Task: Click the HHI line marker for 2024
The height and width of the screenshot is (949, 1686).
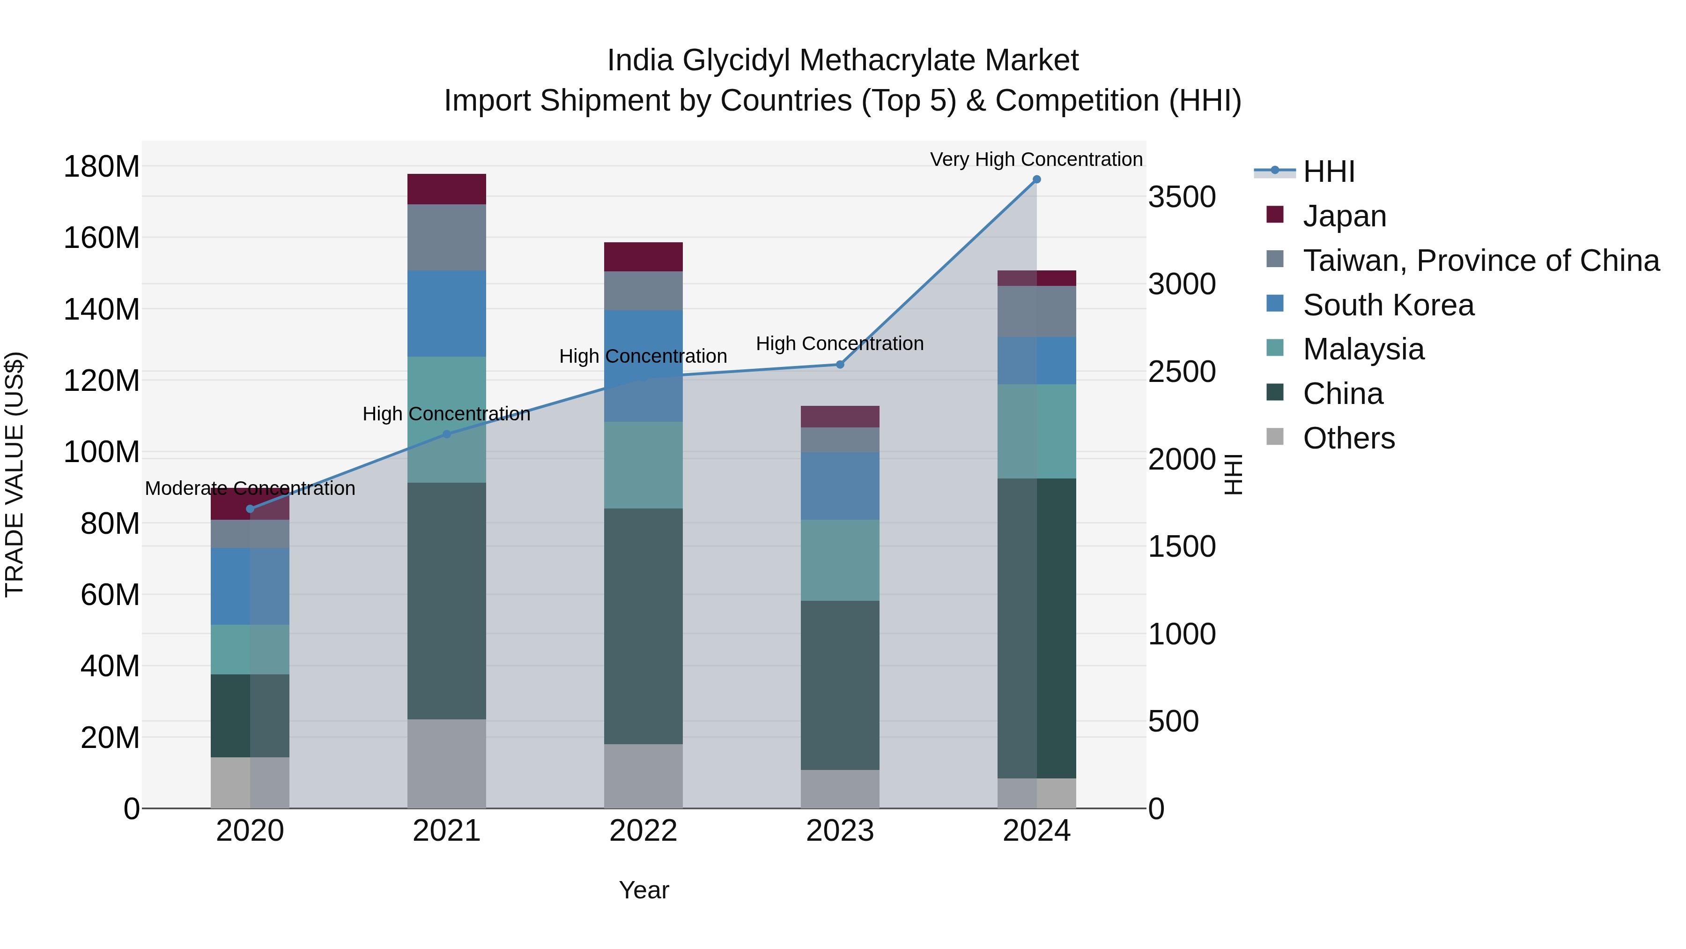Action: [x=1036, y=179]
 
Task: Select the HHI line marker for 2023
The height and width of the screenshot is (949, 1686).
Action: [x=840, y=364]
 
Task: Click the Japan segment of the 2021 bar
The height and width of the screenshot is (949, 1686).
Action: [x=446, y=189]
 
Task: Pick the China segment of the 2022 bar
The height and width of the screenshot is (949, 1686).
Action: [x=643, y=626]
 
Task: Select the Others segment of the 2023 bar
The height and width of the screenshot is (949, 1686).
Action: [x=840, y=789]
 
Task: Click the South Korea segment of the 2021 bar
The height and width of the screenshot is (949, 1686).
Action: [x=446, y=313]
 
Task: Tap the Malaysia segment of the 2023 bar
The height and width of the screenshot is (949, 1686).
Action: [x=840, y=560]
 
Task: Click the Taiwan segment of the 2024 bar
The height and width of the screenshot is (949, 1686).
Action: [x=1036, y=311]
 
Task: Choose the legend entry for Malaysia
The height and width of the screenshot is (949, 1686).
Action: [x=1363, y=349]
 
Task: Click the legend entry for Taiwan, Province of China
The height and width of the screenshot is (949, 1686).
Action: [x=1480, y=261]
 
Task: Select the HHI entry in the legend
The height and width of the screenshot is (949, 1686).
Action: [x=1328, y=172]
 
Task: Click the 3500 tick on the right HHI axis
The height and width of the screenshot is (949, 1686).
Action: [x=1182, y=197]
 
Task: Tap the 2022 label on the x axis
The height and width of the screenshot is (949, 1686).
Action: [x=643, y=831]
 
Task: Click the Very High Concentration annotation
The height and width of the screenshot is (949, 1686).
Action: [x=1035, y=159]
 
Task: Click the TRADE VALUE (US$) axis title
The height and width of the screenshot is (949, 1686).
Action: [x=15, y=474]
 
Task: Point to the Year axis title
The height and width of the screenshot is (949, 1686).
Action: [x=643, y=890]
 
